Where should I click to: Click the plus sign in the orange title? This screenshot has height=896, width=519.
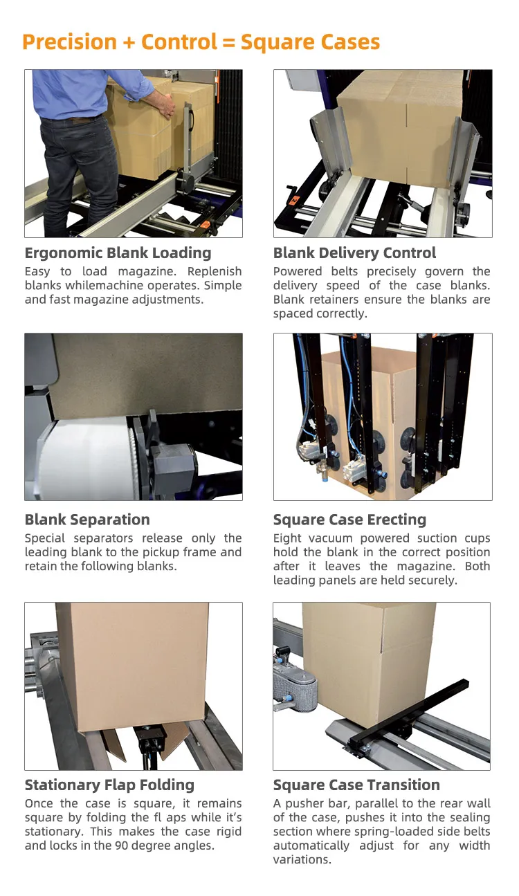(129, 43)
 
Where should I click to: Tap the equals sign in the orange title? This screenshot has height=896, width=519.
(228, 43)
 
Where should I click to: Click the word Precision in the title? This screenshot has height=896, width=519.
(69, 42)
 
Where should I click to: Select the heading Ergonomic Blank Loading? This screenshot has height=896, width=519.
(118, 253)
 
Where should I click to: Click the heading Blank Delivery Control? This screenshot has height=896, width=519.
(354, 253)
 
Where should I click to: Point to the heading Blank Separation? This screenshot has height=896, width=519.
(87, 520)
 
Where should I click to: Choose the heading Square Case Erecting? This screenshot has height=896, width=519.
(349, 520)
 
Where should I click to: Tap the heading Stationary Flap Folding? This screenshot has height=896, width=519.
(109, 785)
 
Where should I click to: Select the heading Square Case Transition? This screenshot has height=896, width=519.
(356, 785)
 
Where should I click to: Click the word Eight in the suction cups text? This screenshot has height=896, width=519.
(286, 539)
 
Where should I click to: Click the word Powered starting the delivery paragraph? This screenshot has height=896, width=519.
(298, 272)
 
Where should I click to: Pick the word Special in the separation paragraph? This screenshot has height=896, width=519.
(44, 539)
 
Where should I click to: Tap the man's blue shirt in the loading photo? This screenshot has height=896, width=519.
(80, 93)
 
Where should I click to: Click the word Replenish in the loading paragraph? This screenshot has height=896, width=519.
(215, 272)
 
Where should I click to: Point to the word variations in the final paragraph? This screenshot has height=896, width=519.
(302, 859)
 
